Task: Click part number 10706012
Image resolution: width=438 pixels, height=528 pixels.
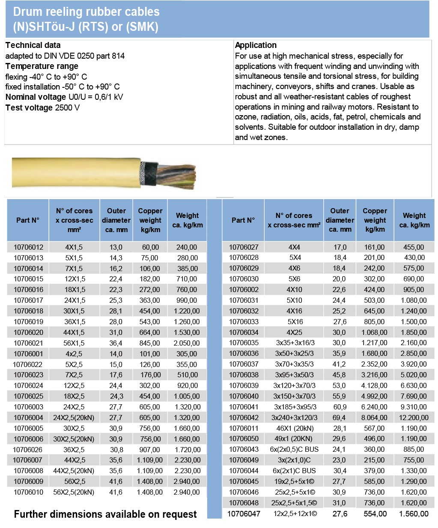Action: (x=28, y=247)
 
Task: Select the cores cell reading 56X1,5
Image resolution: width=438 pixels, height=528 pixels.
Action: (x=74, y=343)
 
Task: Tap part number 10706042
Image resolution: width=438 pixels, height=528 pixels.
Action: (x=244, y=418)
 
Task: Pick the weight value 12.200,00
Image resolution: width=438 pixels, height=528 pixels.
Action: (x=414, y=418)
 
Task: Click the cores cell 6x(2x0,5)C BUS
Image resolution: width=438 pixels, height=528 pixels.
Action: (x=294, y=449)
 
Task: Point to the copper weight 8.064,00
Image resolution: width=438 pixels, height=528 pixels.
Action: (x=374, y=418)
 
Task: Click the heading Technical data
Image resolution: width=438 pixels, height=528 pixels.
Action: (x=33, y=45)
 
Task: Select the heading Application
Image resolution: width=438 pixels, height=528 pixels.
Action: (x=256, y=45)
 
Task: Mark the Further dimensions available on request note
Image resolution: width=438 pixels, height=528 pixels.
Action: (x=105, y=514)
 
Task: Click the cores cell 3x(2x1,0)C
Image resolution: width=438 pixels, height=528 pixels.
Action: (x=294, y=460)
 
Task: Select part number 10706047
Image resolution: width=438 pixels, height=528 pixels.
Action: (x=244, y=513)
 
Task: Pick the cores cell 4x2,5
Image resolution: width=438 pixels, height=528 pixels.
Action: (x=74, y=354)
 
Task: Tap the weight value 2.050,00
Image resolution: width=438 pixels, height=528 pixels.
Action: (x=186, y=343)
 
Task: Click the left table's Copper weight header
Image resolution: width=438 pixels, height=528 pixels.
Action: (x=150, y=220)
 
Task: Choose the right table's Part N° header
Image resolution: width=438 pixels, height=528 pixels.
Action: (x=243, y=220)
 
